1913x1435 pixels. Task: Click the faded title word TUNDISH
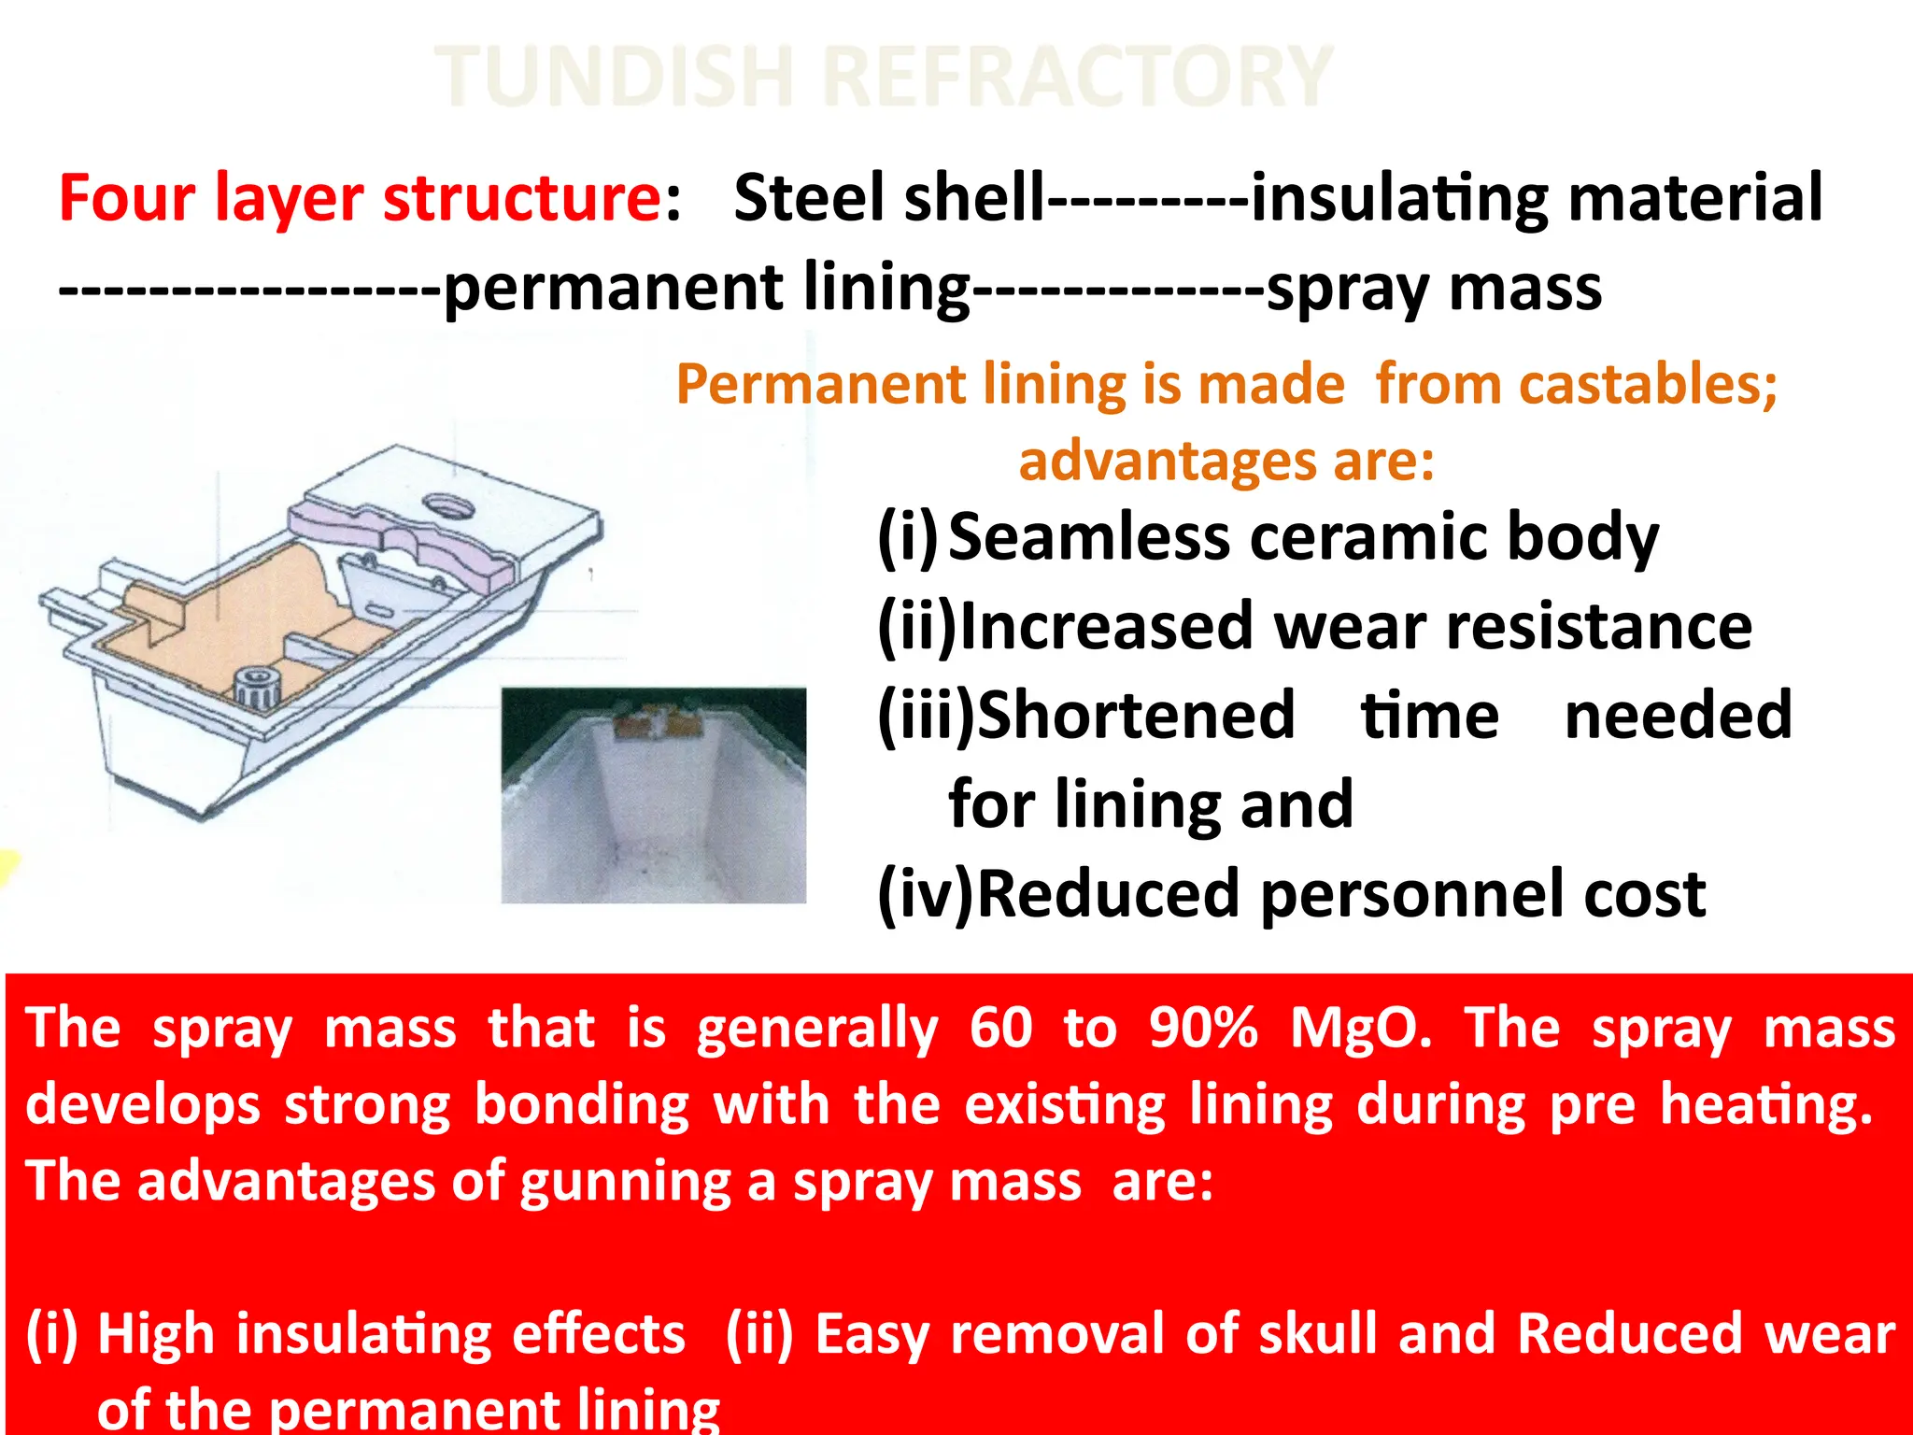(615, 77)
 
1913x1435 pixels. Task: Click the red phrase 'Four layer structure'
(361, 198)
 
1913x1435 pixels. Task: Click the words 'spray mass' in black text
(1435, 288)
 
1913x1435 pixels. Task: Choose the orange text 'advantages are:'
(1226, 462)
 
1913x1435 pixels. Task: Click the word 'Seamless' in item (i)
(1089, 538)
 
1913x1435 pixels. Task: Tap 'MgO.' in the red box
(1360, 1030)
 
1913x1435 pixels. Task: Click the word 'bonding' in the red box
(581, 1106)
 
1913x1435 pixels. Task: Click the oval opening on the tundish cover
(448, 505)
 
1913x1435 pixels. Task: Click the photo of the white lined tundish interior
(654, 796)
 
